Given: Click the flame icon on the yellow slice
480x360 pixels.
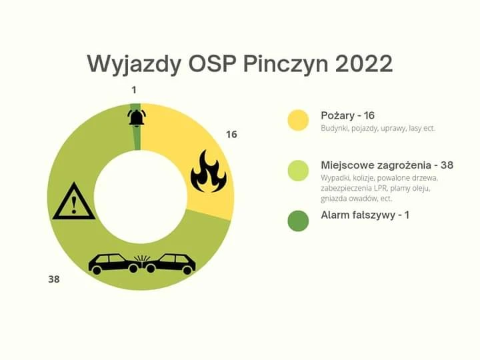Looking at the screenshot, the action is (209, 171).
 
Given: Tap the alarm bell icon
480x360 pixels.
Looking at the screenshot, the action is (137, 117).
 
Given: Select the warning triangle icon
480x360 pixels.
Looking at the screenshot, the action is (74, 201).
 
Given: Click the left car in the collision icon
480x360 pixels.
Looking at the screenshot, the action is (114, 263).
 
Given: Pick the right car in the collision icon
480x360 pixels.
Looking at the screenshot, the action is (170, 263).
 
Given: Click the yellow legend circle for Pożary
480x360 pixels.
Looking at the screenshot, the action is (298, 120).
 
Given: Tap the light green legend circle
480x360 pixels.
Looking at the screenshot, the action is (298, 171).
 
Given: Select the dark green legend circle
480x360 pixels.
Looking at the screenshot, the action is (298, 221).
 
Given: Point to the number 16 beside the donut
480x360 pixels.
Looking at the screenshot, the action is (231, 135).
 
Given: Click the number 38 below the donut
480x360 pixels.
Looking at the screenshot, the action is (54, 279).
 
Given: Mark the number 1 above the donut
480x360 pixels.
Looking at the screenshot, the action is (134, 90).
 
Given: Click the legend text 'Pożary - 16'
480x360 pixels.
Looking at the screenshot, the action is (348, 116).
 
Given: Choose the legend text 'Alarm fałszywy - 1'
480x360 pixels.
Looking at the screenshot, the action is (365, 215).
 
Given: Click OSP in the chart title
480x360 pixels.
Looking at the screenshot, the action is (212, 64).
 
